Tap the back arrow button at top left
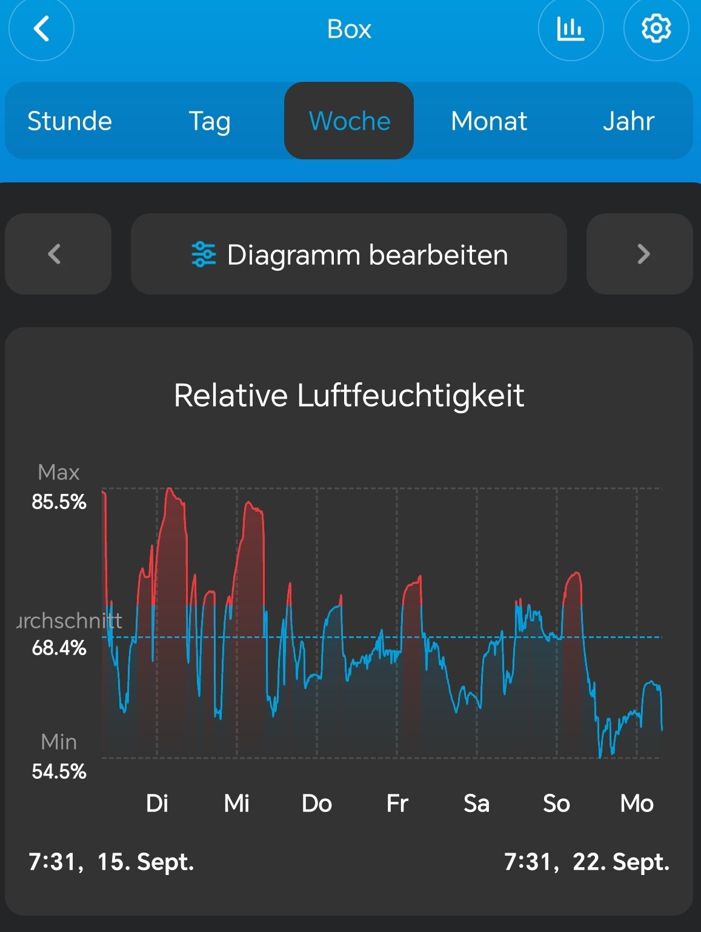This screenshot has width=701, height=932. coord(41,28)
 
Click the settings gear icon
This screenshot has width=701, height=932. coord(656,28)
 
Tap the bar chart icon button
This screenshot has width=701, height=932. coord(570,28)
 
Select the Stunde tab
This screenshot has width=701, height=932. coord(70,121)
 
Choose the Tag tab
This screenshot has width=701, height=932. coord(209,121)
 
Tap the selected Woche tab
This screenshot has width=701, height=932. coord(349,121)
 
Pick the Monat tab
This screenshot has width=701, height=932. coord(489,121)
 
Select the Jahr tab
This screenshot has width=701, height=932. coord(628,121)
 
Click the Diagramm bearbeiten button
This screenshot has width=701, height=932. coord(349,255)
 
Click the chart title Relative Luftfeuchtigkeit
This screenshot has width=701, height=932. coord(349,396)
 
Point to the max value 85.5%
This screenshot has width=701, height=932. coord(59,502)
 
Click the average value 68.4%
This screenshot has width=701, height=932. coord(59,648)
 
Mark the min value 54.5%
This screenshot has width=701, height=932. coord(59,771)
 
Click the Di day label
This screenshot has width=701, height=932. coord(157,804)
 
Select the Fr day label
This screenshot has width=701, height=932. coord(397,804)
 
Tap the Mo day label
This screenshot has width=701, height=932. coord(637,804)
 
